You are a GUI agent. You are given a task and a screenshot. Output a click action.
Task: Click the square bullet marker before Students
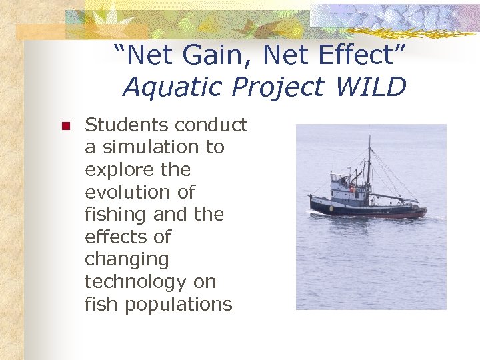point(65,126)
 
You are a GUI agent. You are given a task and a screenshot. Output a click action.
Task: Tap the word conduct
point(212,125)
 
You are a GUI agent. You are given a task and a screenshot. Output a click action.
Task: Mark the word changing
point(126,260)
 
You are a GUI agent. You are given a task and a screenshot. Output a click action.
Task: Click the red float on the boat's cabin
point(353,189)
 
